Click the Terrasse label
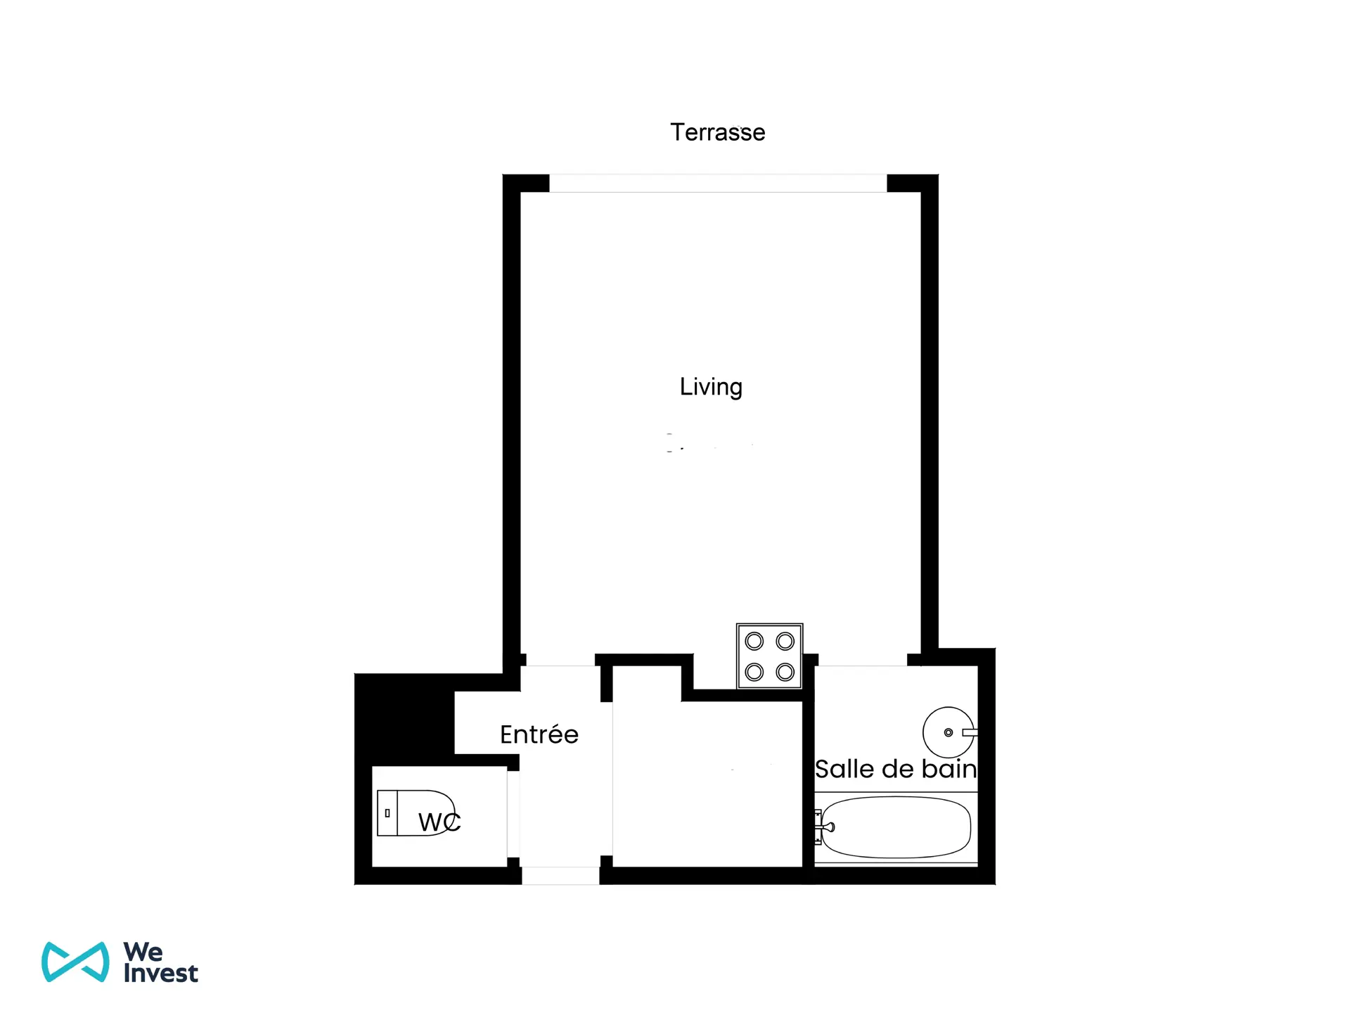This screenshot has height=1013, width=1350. click(717, 132)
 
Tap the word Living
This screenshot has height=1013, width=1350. click(711, 387)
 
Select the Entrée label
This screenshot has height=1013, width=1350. click(539, 734)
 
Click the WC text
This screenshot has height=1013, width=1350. click(439, 822)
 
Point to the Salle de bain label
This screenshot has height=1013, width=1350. click(896, 769)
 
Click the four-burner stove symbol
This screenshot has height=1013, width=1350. click(770, 656)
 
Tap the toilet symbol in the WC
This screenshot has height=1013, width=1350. click(416, 813)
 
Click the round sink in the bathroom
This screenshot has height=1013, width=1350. click(949, 732)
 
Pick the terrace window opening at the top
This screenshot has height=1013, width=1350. click(718, 183)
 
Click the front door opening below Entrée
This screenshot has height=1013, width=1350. click(560, 875)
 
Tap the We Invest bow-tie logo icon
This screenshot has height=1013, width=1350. click(75, 962)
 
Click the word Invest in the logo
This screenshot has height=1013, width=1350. click(161, 973)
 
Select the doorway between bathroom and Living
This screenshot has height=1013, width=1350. click(863, 660)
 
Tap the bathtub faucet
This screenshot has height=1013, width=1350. click(823, 827)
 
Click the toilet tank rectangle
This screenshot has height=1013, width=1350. click(387, 813)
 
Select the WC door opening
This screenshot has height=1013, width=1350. click(513, 815)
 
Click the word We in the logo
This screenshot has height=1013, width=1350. click(143, 952)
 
